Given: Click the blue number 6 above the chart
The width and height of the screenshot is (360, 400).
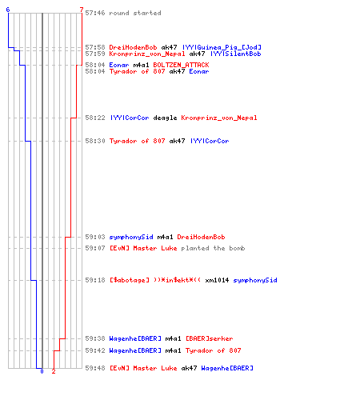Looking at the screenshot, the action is [8, 10].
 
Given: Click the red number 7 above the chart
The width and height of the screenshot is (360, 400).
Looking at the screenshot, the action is [82, 10].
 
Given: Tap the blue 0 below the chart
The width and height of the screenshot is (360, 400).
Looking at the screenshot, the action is [42, 371].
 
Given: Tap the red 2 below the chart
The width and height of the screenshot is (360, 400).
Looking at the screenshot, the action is [54, 371].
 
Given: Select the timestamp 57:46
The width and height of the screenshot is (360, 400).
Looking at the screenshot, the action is [95, 13].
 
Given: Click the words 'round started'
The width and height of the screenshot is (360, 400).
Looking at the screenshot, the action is [135, 13].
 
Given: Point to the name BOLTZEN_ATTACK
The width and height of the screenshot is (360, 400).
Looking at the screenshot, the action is [181, 65].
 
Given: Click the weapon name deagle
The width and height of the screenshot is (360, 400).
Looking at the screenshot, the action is [165, 118].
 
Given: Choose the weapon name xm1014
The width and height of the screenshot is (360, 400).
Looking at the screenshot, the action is [217, 280].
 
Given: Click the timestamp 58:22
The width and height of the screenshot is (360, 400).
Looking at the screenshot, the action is [95, 118].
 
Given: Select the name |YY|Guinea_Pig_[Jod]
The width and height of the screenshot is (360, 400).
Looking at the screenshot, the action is [222, 47].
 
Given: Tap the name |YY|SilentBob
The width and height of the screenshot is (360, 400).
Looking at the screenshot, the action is [236, 54].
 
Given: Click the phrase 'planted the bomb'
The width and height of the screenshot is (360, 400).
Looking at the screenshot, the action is [213, 248].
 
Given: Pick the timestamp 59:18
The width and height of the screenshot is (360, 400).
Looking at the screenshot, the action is [95, 280].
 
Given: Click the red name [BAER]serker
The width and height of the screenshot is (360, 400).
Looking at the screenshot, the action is [210, 338].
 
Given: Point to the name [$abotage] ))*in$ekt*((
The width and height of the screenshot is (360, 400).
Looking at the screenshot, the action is [155, 280].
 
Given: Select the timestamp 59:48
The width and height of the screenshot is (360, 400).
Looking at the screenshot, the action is [95, 368].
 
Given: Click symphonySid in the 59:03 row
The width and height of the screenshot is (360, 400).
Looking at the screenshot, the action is [131, 237].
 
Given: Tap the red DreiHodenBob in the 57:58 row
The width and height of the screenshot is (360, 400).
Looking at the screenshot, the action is [133, 47].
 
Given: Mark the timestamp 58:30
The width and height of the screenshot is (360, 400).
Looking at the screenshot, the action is [95, 141].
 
